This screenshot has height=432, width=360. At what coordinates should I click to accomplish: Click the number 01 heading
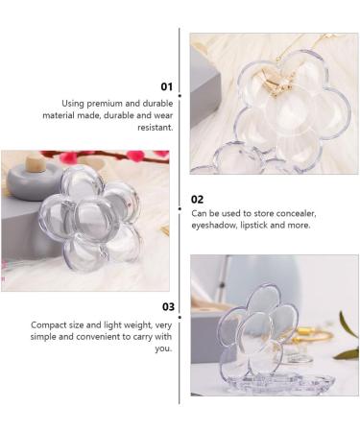point(166,87)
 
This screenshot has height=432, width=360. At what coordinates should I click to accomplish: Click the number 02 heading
point(198,199)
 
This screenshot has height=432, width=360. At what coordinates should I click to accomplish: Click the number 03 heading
point(167,307)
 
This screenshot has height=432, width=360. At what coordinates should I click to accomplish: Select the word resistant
point(155,127)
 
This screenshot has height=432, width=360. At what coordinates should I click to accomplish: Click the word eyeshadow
point(215,224)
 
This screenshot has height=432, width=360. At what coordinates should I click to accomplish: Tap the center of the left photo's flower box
point(89,217)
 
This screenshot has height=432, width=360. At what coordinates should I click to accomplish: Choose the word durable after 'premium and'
point(147,104)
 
